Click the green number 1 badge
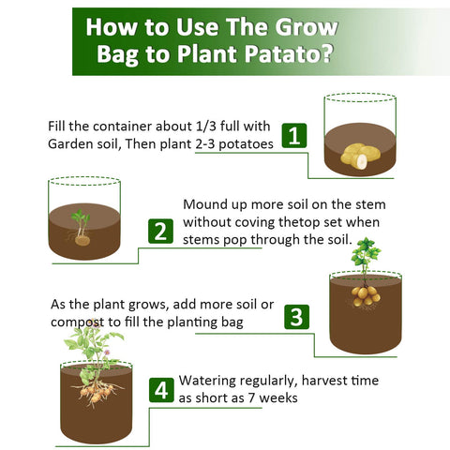pyautogui.click(x=294, y=136)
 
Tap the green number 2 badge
pyautogui.click(x=160, y=232)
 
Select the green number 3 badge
pyautogui.click(x=296, y=317)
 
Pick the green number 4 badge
pyautogui.click(x=161, y=390)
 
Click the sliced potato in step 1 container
pyautogui.click(x=362, y=162)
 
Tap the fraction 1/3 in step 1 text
pyautogui.click(x=205, y=127)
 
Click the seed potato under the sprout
pyautogui.click(x=82, y=240)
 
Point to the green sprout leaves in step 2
pyautogui.click(x=81, y=217)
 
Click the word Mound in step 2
pyautogui.click(x=205, y=204)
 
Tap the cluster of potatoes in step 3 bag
pyautogui.click(x=365, y=295)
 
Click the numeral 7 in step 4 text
pyautogui.click(x=252, y=397)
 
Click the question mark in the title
pyautogui.click(x=327, y=53)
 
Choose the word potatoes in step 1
pyautogui.click(x=246, y=144)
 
